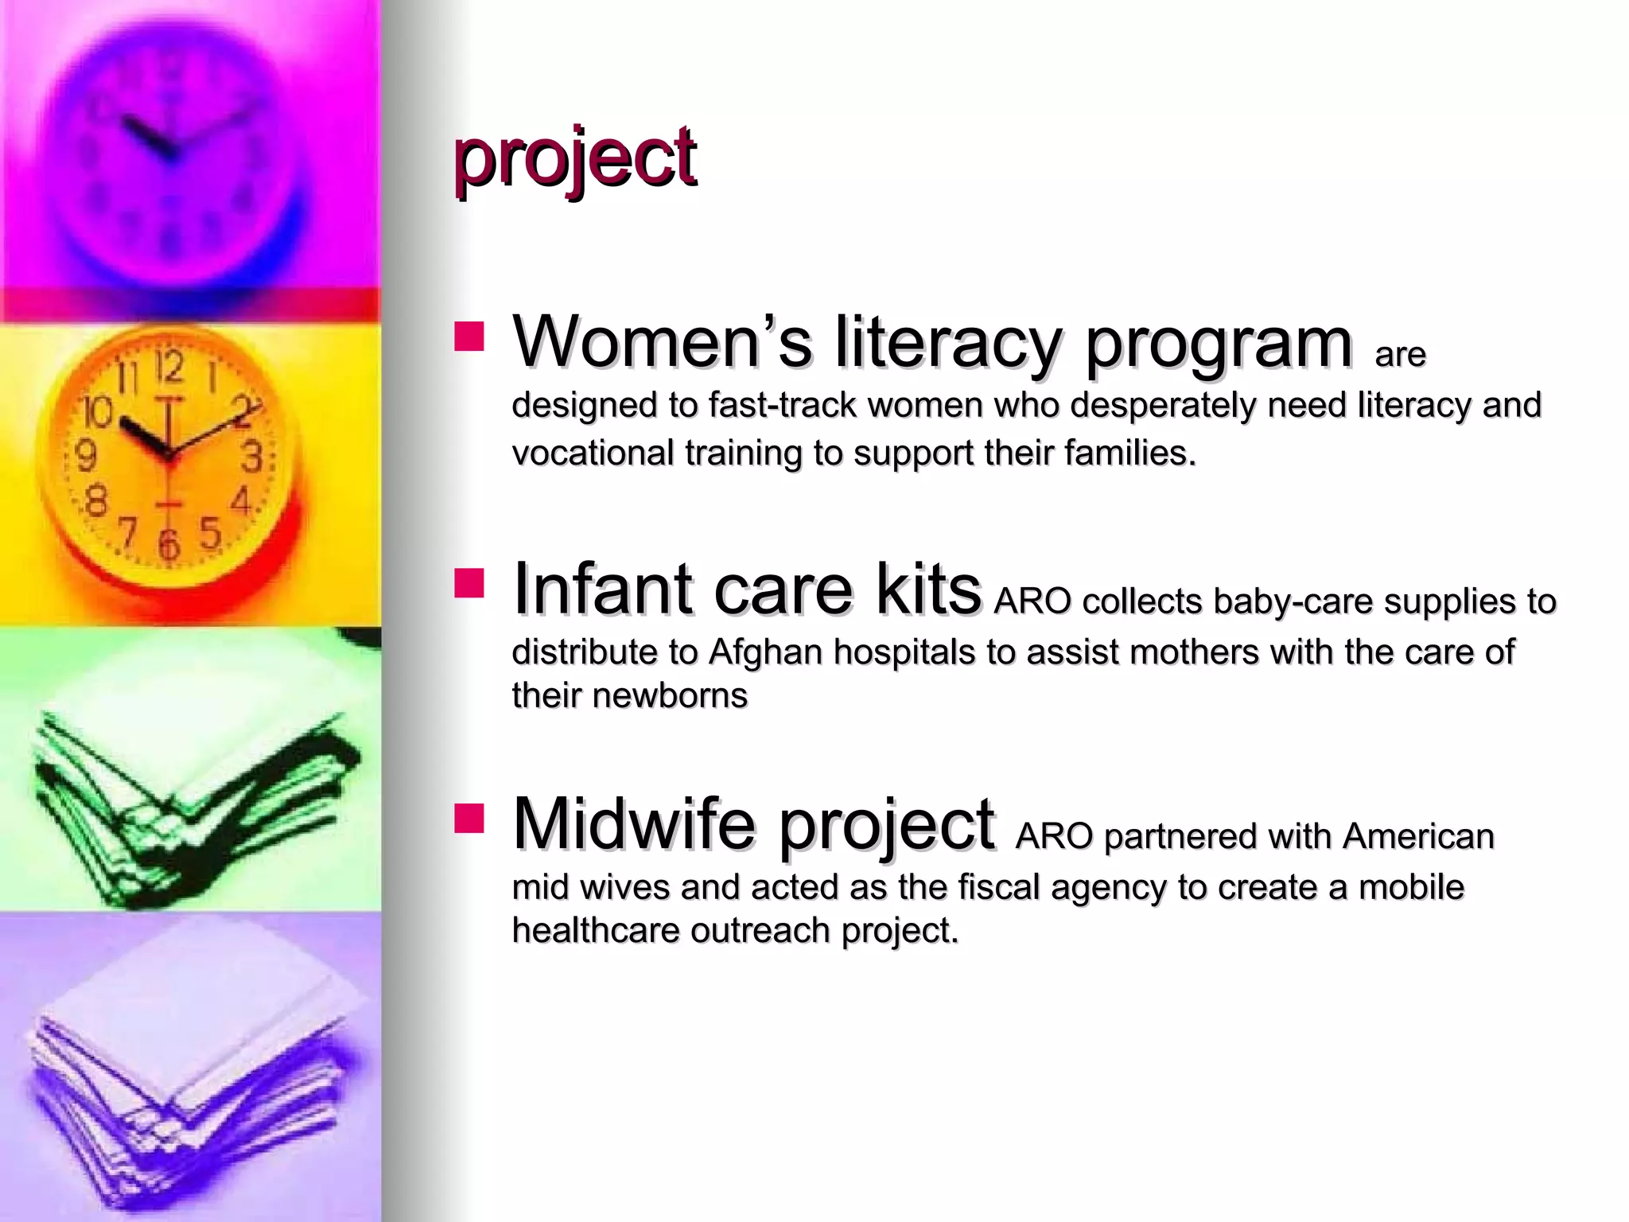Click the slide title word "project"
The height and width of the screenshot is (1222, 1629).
[574, 159]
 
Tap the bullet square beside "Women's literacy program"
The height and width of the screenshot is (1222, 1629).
[469, 337]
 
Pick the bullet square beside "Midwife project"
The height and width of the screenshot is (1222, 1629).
[469, 818]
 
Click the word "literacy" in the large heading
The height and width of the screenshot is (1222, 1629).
[947, 343]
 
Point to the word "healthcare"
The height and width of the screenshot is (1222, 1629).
[596, 931]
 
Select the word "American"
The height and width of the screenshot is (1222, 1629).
[1418, 837]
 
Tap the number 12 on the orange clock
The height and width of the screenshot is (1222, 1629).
[169, 368]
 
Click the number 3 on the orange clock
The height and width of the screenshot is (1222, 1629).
[251, 457]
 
